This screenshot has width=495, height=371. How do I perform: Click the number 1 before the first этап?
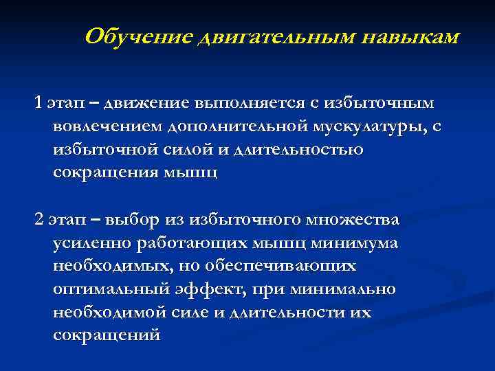coord(38,103)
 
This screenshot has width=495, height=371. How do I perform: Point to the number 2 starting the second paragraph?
coord(38,220)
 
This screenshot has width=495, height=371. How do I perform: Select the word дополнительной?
coord(237,126)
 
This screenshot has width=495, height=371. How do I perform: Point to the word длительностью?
coord(300,150)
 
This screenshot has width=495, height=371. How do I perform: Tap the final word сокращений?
coord(107,336)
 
